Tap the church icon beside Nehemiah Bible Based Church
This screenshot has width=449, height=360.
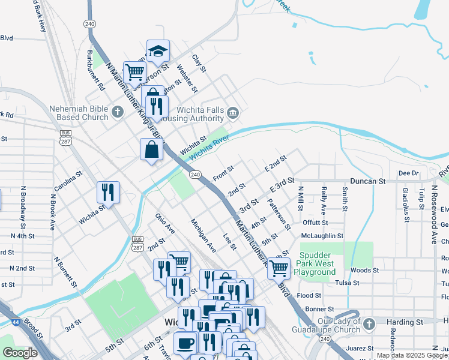point(118,112)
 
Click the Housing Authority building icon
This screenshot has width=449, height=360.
point(234,112)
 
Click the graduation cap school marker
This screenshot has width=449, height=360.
point(158,52)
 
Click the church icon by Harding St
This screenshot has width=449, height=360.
point(369,323)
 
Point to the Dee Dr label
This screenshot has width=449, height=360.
point(408,173)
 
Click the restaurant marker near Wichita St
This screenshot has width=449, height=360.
point(109,193)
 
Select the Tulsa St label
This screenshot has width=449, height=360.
point(348,283)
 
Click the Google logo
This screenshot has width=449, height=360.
point(20,353)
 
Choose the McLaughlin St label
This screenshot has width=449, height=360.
point(322,236)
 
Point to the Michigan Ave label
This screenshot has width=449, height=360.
point(203,235)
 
